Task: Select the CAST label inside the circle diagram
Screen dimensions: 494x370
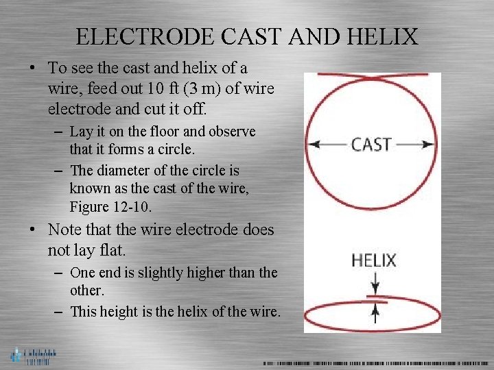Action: click(371, 145)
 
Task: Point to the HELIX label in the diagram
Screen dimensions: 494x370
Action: click(374, 260)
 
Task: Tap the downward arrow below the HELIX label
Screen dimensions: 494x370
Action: click(375, 284)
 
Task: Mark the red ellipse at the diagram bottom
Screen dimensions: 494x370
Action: click(372, 319)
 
